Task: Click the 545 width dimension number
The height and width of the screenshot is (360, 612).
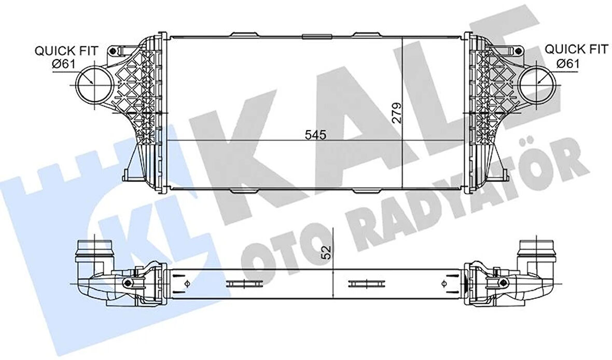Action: (x=315, y=135)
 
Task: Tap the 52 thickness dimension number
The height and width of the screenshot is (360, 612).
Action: (x=326, y=253)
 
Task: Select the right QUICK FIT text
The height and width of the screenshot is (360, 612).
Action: (x=576, y=49)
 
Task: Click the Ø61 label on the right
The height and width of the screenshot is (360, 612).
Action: (x=569, y=63)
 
